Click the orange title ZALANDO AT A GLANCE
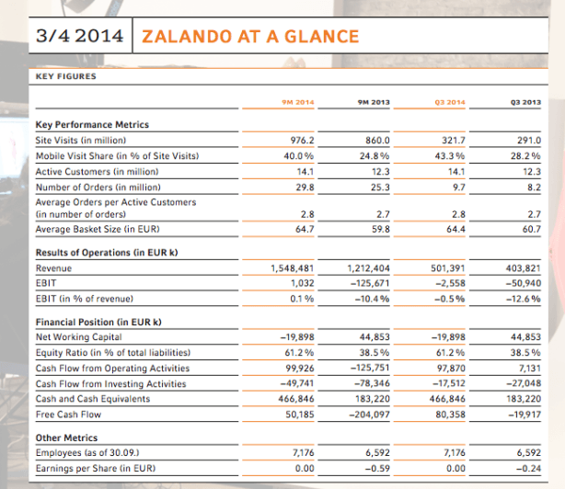(x=250, y=37)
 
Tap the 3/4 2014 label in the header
(x=80, y=36)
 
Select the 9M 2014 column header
(x=298, y=102)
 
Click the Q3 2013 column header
(x=525, y=102)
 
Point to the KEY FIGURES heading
(x=66, y=76)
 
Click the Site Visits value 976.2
(x=303, y=140)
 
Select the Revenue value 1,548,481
(x=293, y=268)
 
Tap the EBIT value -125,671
(x=370, y=283)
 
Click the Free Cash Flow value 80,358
(x=450, y=415)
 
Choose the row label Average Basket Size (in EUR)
(x=98, y=229)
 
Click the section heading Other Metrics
(x=66, y=438)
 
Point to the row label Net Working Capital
(x=78, y=337)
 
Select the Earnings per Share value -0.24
(x=528, y=469)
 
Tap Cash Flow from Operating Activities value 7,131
(x=530, y=368)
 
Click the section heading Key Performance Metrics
(x=92, y=124)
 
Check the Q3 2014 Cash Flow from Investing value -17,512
(x=449, y=383)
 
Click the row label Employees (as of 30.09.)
(x=87, y=452)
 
